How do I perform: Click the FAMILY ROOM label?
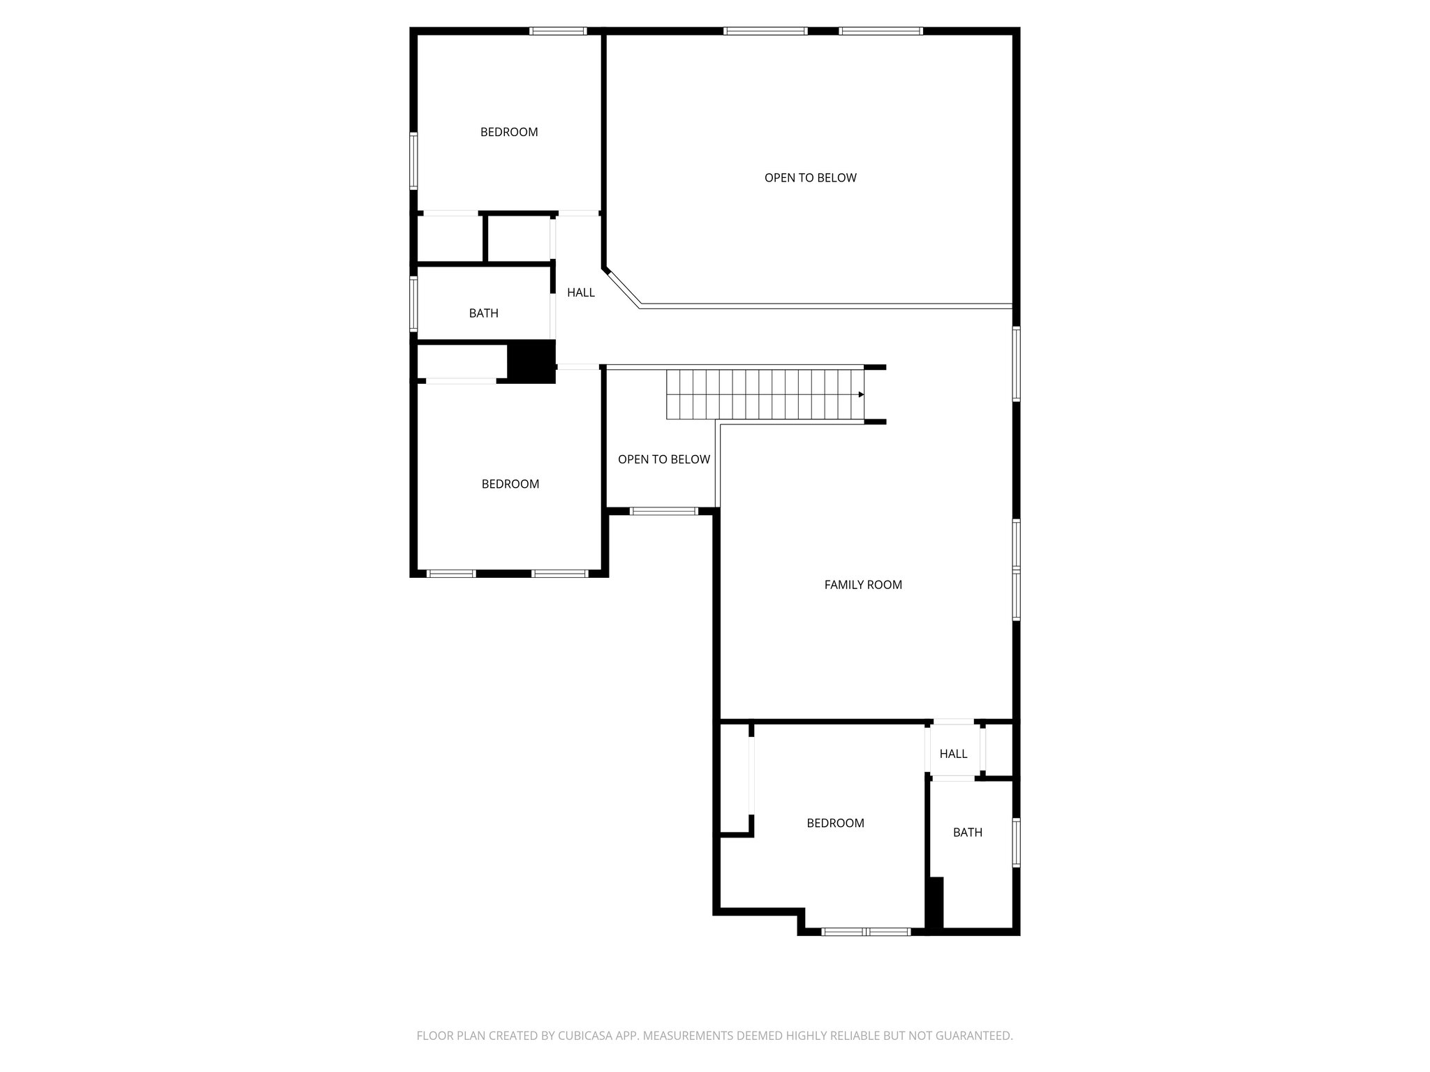[863, 585]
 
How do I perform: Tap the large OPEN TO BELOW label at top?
[810, 178]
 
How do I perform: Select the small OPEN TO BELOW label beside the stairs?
[663, 459]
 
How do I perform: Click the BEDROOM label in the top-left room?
[509, 132]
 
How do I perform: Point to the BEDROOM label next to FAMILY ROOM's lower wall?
[835, 823]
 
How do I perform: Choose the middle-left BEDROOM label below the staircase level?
[510, 484]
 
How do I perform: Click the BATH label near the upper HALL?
[483, 313]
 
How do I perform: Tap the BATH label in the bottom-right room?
[967, 832]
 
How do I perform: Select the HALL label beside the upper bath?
[580, 292]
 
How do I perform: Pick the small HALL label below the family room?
[953, 754]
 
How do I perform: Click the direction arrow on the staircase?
[861, 394]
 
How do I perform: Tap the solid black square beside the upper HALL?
[531, 361]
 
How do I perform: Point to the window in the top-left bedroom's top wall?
[557, 31]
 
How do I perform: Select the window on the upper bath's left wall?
[413, 304]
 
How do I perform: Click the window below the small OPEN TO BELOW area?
[663, 512]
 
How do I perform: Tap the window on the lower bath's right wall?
[1016, 842]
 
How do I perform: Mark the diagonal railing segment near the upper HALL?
[622, 287]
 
